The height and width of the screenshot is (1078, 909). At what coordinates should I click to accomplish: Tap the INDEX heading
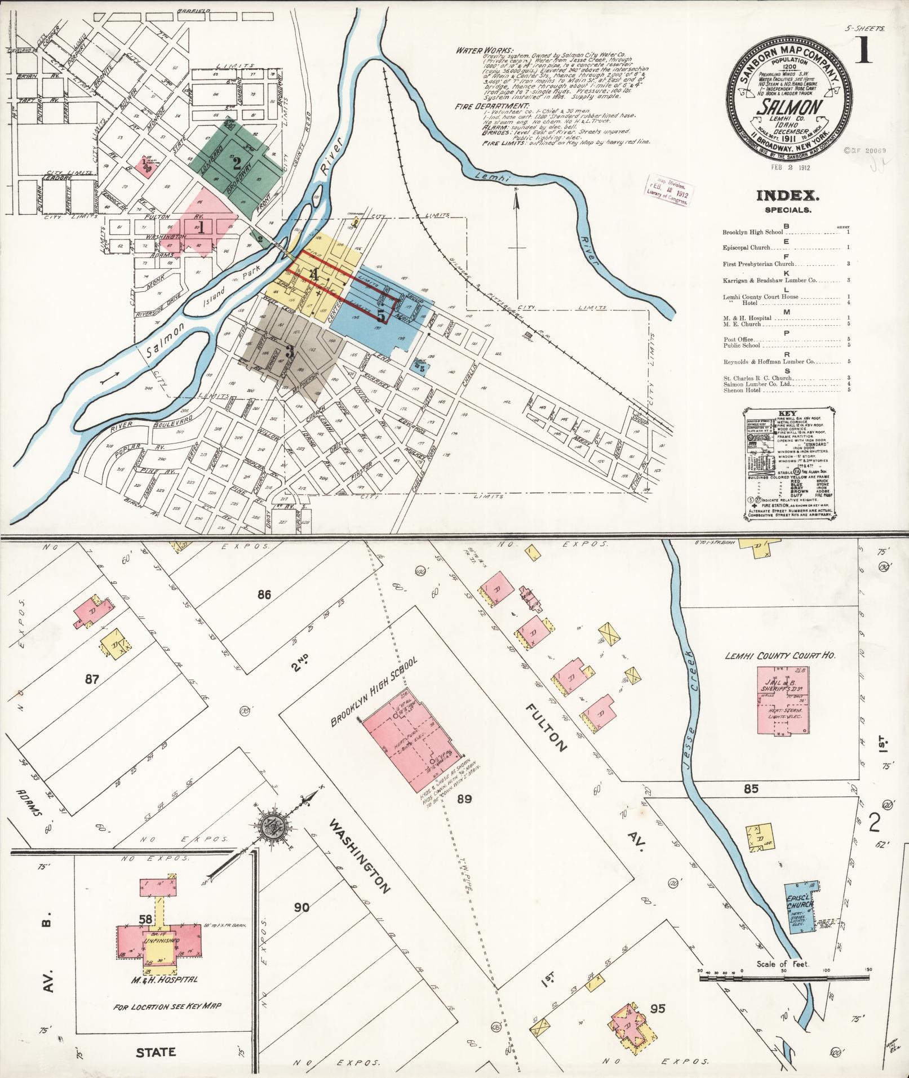click(x=787, y=197)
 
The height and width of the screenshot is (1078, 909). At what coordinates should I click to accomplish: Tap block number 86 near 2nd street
click(x=264, y=594)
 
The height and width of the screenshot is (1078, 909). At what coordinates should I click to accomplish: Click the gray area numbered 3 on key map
click(x=290, y=352)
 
